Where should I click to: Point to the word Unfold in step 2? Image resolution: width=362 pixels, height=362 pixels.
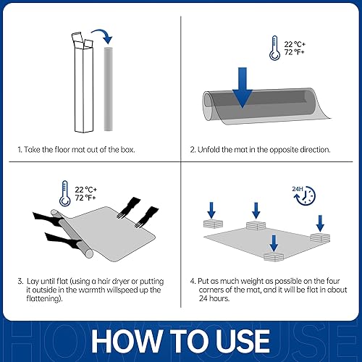(214, 151)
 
